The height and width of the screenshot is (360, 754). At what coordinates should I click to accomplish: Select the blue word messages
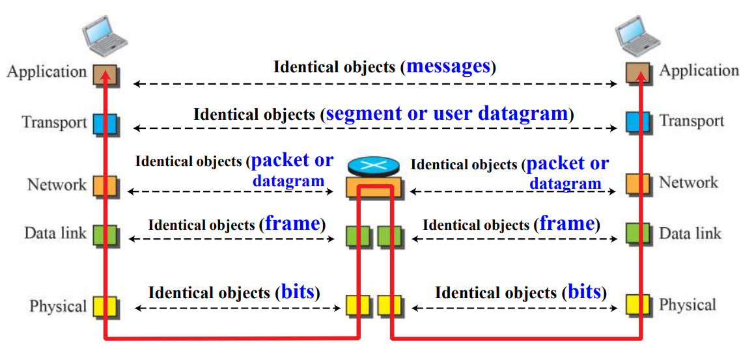[x=448, y=66]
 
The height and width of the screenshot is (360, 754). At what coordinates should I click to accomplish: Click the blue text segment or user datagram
[x=447, y=114]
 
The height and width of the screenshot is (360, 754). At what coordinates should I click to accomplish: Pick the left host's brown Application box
[x=104, y=72]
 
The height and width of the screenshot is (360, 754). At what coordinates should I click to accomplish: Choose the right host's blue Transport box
[x=637, y=122]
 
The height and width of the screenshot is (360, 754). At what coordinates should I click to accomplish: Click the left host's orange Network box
[x=104, y=186]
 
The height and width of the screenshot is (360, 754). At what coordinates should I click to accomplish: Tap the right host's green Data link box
[x=637, y=233]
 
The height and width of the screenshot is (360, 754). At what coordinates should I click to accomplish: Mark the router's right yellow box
[x=390, y=305]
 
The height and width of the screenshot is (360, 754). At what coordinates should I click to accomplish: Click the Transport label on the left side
[x=54, y=122]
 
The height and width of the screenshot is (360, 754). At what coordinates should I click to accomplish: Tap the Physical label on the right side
[x=688, y=305]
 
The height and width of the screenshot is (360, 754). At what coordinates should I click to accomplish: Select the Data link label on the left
[x=55, y=233]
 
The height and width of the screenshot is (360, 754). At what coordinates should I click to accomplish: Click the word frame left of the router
[x=292, y=224]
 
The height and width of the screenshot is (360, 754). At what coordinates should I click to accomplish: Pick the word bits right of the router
[x=584, y=292]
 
